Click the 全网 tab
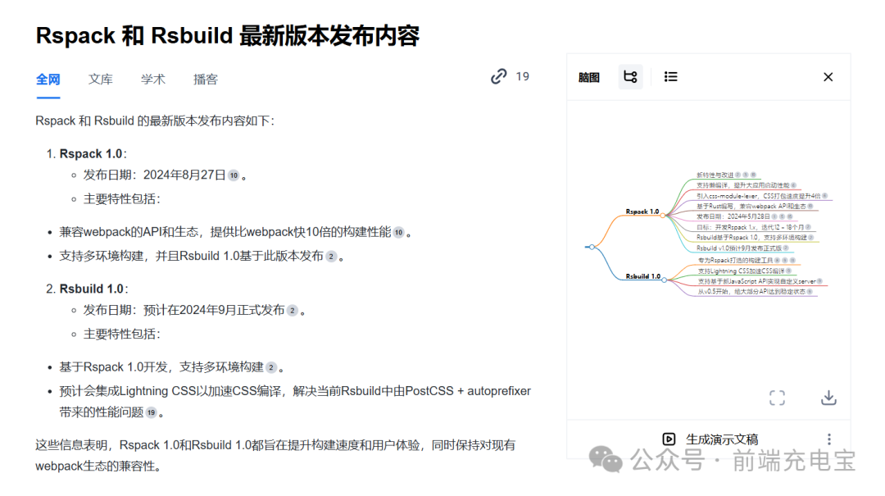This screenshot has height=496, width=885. click(x=48, y=80)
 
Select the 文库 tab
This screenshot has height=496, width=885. click(x=101, y=80)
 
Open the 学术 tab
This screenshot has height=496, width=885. click(x=153, y=80)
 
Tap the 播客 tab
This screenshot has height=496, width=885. click(x=206, y=80)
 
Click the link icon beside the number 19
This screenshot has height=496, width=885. click(x=499, y=76)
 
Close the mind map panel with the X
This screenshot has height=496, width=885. click(x=828, y=77)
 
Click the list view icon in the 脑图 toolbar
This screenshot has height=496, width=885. click(x=671, y=77)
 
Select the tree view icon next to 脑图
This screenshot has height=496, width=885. click(x=630, y=77)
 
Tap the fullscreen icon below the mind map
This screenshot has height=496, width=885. click(x=777, y=398)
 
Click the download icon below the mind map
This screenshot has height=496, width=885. click(x=828, y=398)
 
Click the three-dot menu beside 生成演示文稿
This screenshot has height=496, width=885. click(x=828, y=439)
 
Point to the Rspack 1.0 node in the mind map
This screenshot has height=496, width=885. click(x=642, y=212)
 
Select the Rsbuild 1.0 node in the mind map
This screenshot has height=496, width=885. click(x=642, y=276)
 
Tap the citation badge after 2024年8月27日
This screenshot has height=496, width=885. click(x=234, y=175)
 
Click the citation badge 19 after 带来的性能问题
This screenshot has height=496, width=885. click(x=151, y=413)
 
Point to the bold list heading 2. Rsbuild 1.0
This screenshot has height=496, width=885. click(x=92, y=289)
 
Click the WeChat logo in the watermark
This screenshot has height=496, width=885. click(x=607, y=460)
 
